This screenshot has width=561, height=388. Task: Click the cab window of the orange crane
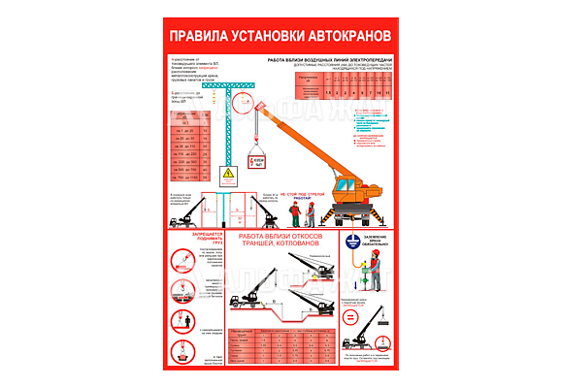pyautogui.click(x=347, y=187)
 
